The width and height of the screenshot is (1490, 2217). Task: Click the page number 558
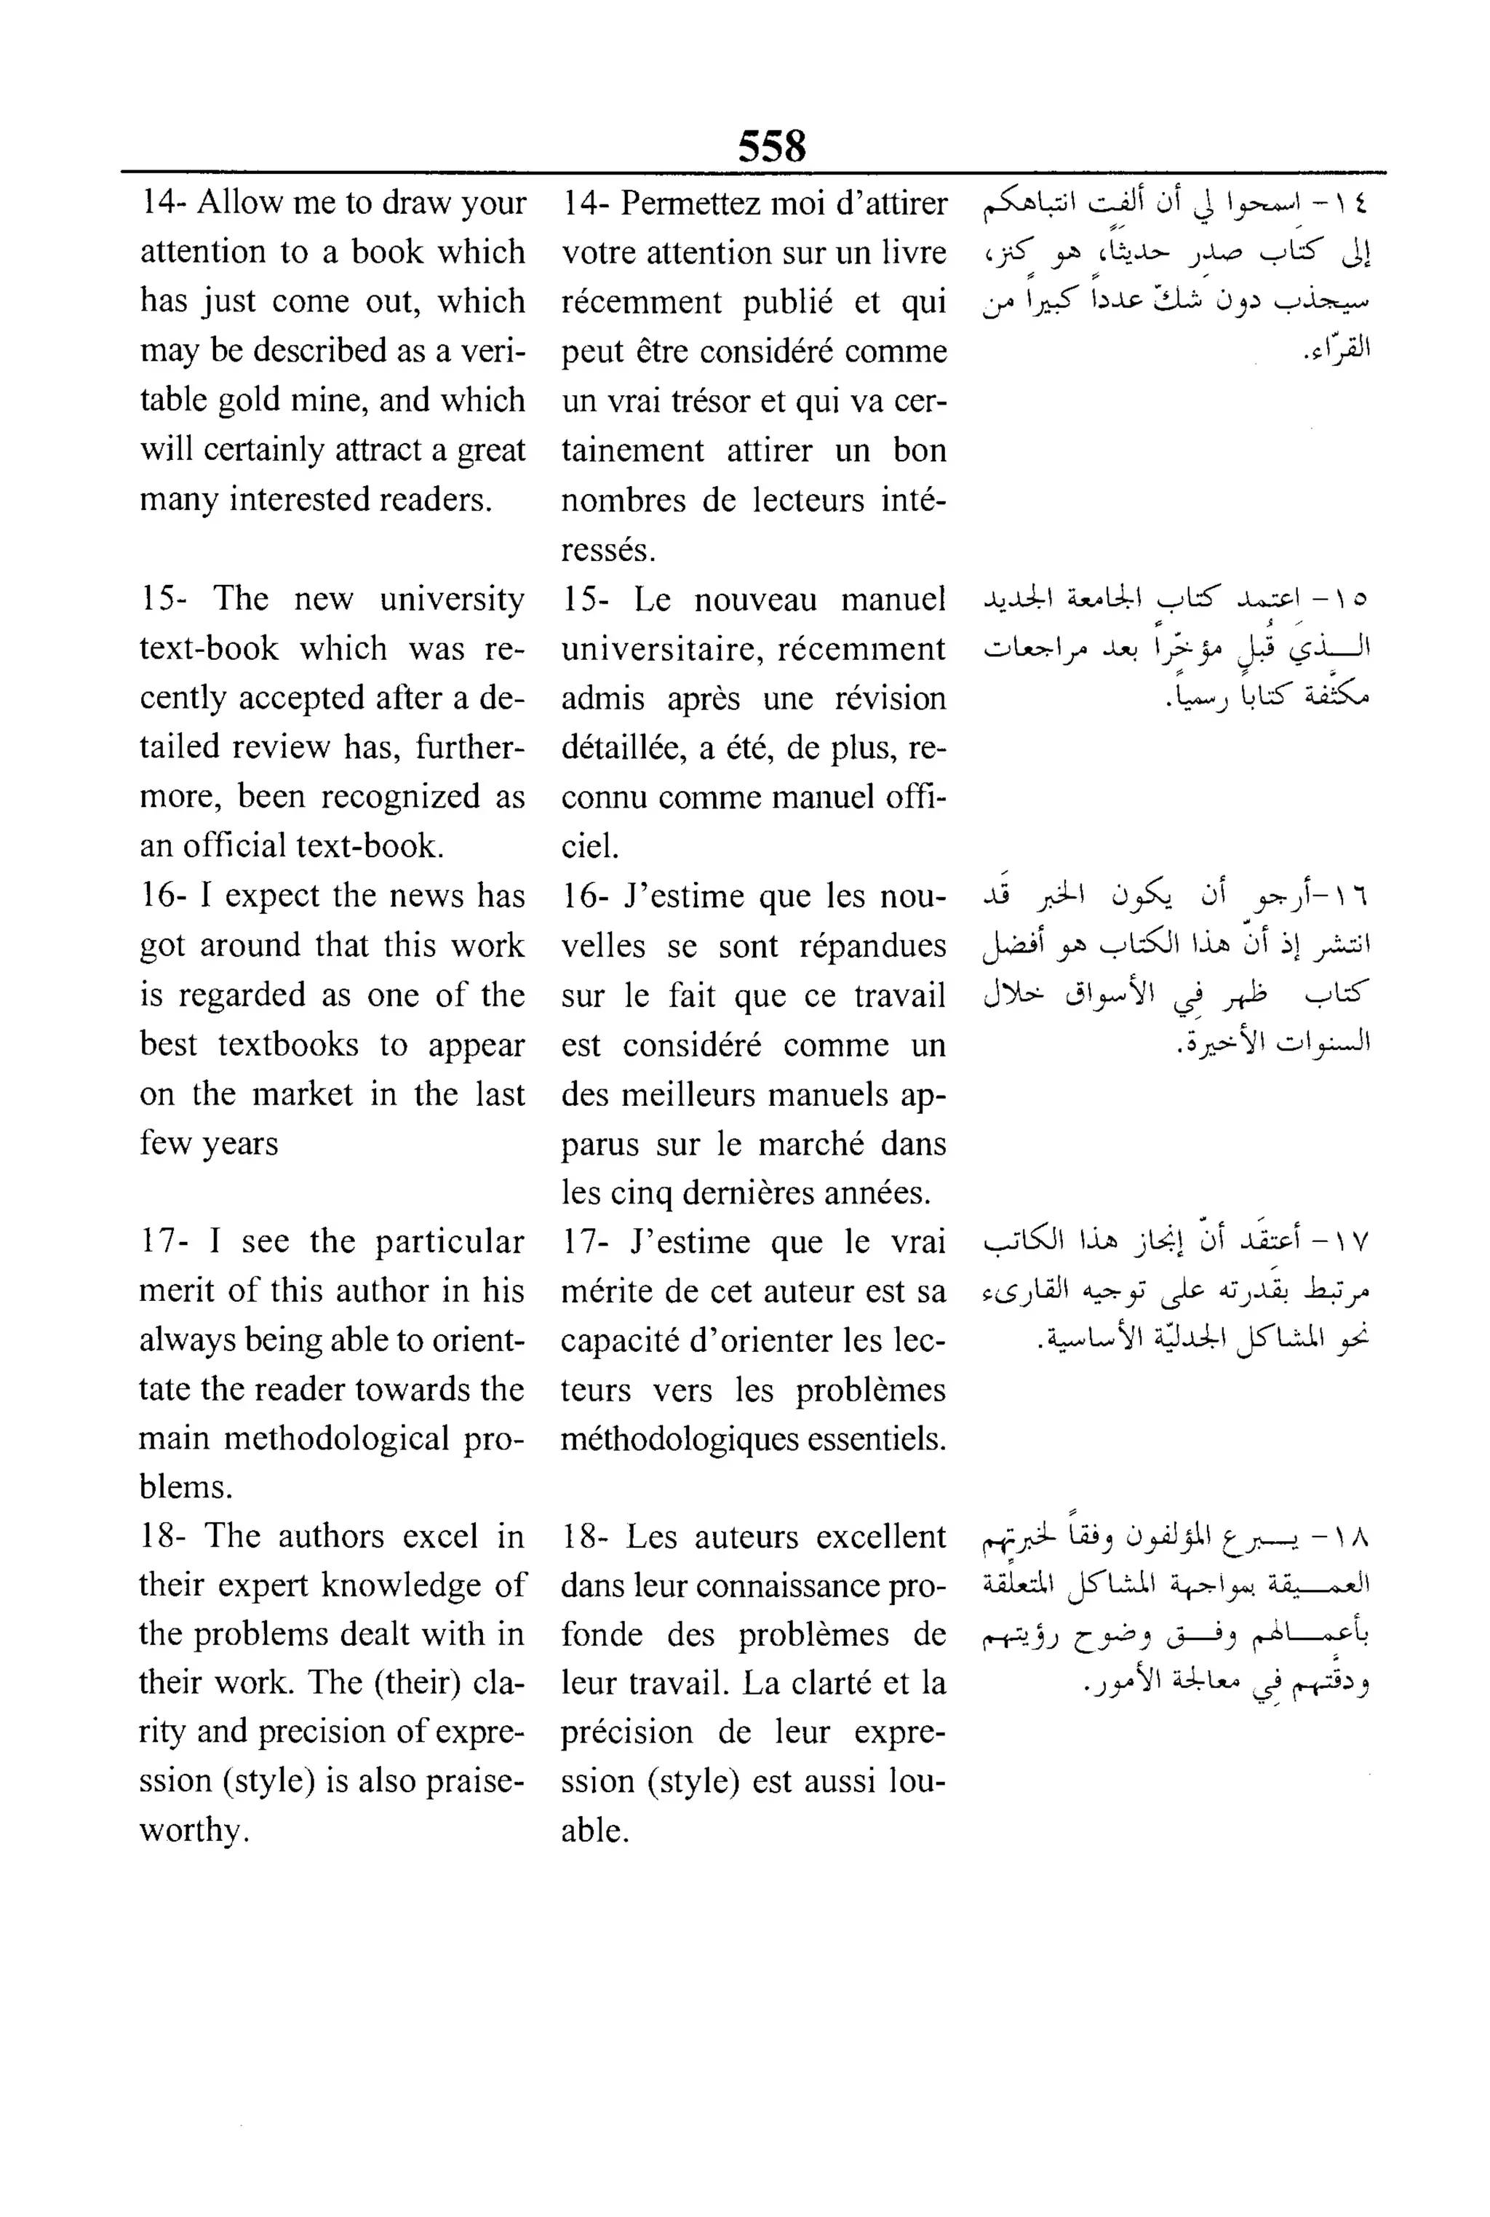pyautogui.click(x=772, y=147)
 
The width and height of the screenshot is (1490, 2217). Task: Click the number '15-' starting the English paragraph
pyautogui.click(x=162, y=599)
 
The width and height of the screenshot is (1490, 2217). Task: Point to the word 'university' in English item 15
pyautogui.click(x=451, y=600)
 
